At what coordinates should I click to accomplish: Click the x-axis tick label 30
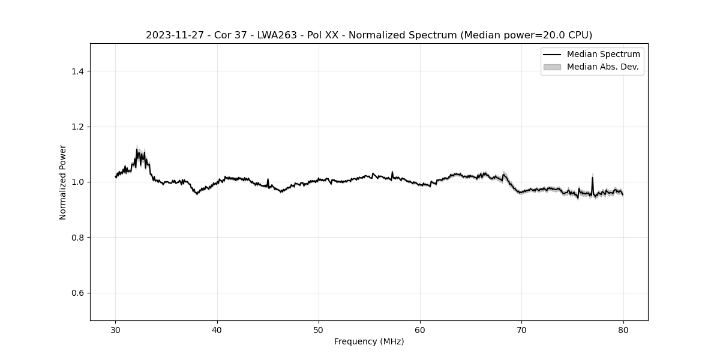(x=116, y=329)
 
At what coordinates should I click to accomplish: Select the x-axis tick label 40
(x=217, y=329)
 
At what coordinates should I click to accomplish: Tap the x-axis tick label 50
(x=319, y=329)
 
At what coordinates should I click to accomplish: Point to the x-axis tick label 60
(x=420, y=329)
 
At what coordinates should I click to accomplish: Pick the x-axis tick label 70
(x=521, y=329)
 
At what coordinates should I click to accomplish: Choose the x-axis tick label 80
(x=623, y=329)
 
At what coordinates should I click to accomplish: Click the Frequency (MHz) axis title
(x=369, y=341)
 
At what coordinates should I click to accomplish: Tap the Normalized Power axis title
(x=63, y=182)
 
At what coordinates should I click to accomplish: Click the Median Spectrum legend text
(x=603, y=55)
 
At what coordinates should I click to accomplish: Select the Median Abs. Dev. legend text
(x=602, y=67)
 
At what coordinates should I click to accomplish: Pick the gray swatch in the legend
(x=552, y=67)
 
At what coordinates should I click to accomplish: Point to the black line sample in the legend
(x=552, y=55)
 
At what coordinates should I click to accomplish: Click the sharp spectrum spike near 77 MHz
(x=592, y=178)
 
